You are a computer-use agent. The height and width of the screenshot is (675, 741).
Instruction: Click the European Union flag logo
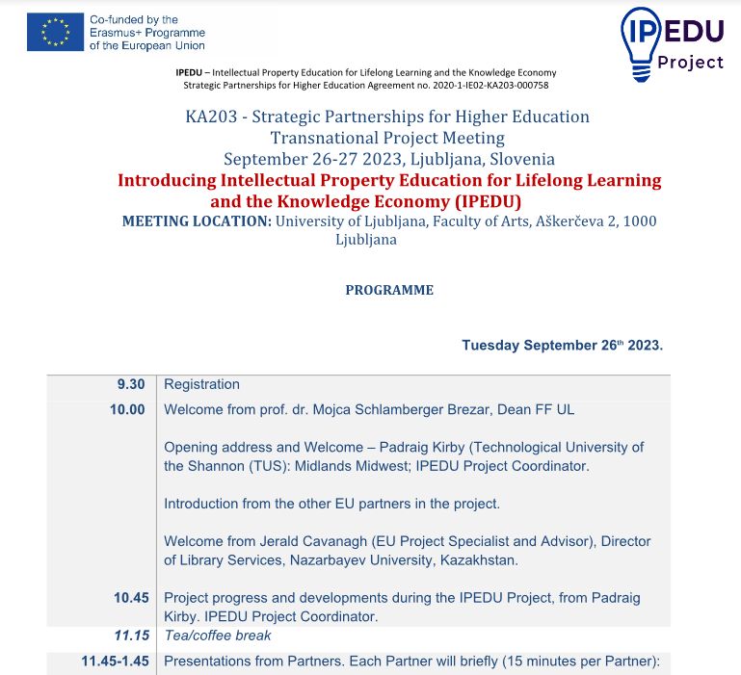(x=56, y=33)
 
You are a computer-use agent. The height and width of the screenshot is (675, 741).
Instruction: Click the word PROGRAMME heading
(x=389, y=290)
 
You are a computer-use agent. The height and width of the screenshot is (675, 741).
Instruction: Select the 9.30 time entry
(x=131, y=384)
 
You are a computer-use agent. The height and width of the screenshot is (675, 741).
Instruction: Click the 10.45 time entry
(x=131, y=598)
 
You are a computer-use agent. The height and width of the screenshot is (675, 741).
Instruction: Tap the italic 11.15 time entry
(x=131, y=636)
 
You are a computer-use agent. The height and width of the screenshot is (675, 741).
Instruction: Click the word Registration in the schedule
(x=201, y=384)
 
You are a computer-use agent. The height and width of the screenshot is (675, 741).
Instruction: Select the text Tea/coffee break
(x=218, y=636)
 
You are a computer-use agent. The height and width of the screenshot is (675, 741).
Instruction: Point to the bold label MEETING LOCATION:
(x=197, y=221)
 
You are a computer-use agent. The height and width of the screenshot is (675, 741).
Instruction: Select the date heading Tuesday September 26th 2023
(x=562, y=345)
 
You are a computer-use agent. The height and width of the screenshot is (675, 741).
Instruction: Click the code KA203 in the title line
(x=209, y=117)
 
